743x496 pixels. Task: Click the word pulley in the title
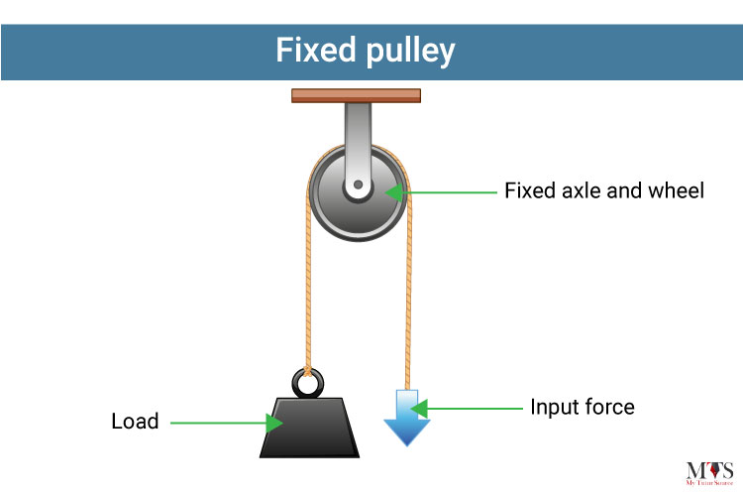click(x=415, y=49)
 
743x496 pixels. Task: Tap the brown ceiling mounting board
click(x=357, y=96)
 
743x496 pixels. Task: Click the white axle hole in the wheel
click(x=356, y=186)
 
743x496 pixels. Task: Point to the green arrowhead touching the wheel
click(x=394, y=190)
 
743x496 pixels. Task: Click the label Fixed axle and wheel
click(x=604, y=190)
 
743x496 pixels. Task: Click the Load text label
click(x=135, y=422)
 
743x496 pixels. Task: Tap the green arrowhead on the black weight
click(x=274, y=423)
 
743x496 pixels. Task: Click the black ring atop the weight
click(x=306, y=381)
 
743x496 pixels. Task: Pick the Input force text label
click(x=582, y=407)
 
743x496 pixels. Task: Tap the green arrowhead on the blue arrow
click(x=419, y=407)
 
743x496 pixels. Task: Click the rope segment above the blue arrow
click(x=407, y=298)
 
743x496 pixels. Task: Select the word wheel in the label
click(x=677, y=190)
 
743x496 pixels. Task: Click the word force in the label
click(x=608, y=407)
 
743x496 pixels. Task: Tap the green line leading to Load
click(x=213, y=423)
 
